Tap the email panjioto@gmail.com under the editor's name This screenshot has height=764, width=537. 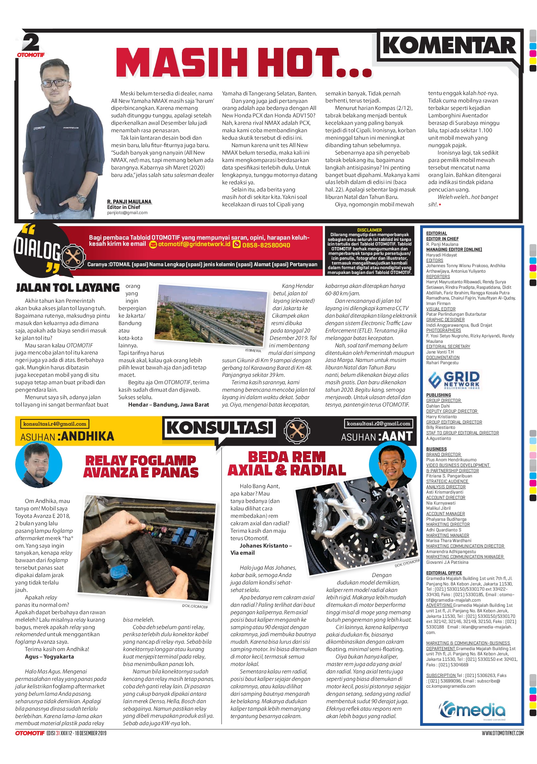tap(127, 213)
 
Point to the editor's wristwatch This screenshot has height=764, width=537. tap(81, 198)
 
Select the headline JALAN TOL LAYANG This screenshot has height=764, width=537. tap(68, 288)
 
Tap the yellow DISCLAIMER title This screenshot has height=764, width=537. tap(369, 230)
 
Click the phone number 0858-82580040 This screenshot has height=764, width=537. tap(266, 245)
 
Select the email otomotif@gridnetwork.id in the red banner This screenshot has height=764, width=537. tap(194, 244)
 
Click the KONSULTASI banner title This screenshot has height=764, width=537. tap(220, 428)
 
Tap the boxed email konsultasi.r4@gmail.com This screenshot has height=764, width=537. tap(55, 424)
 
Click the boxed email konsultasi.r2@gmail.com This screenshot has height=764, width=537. tap(378, 423)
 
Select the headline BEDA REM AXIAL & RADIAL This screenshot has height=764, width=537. tap(287, 464)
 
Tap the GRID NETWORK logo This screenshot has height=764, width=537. tap(454, 380)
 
